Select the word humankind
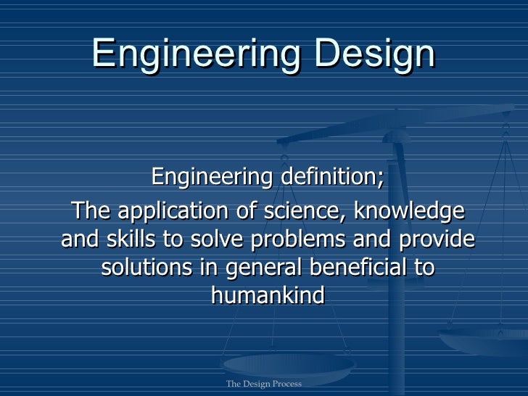pyautogui.click(x=266, y=295)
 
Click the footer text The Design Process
pyautogui.click(x=263, y=384)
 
